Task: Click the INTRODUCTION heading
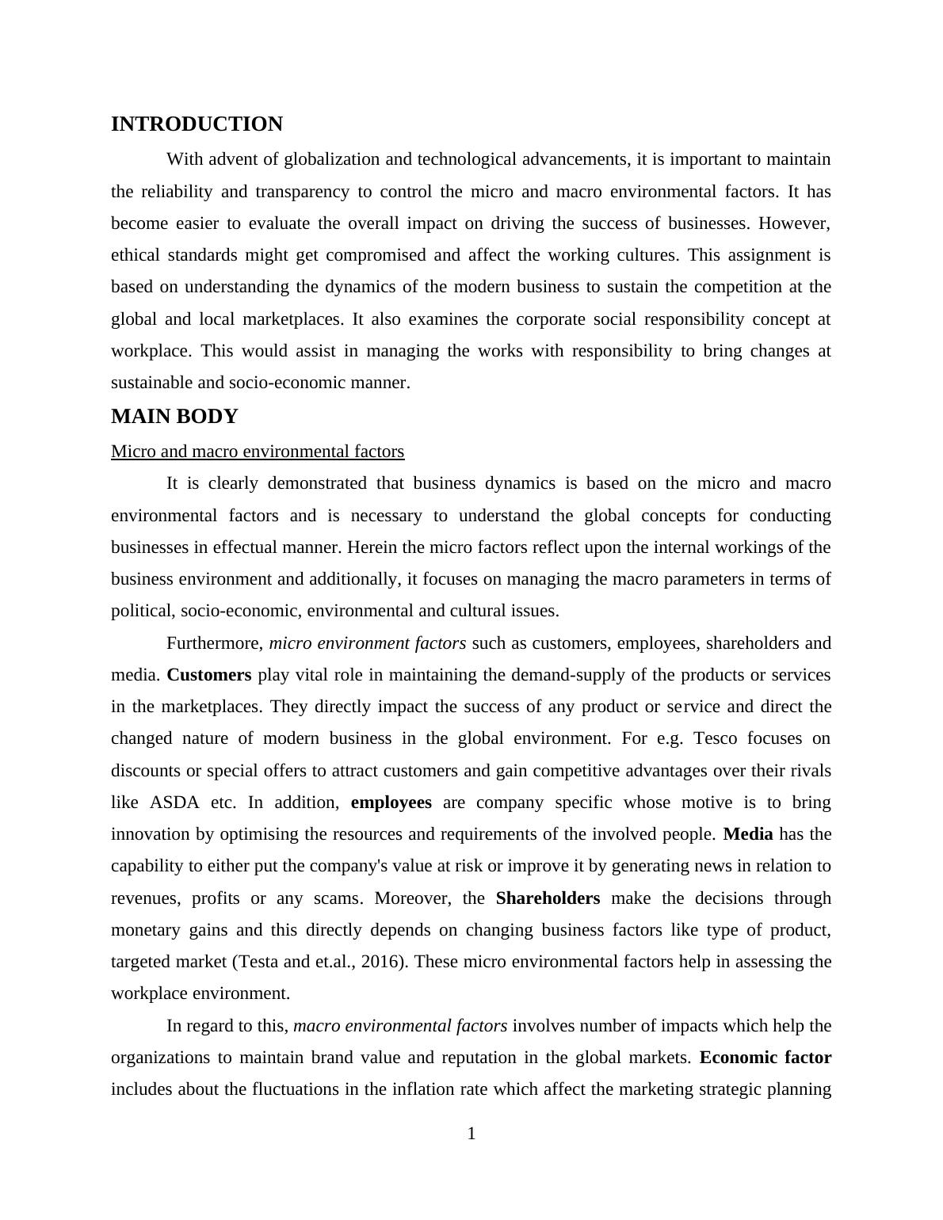[197, 124]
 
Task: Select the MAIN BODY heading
[174, 417]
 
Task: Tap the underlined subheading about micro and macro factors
[258, 452]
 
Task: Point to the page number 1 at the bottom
[471, 1134]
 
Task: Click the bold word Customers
[209, 675]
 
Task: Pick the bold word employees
[391, 803]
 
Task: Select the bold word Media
[748, 834]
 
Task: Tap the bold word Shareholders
[548, 898]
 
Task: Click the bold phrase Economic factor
[765, 1058]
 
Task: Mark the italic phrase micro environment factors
[368, 643]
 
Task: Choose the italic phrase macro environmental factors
[400, 1026]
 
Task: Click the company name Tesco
[715, 738]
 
